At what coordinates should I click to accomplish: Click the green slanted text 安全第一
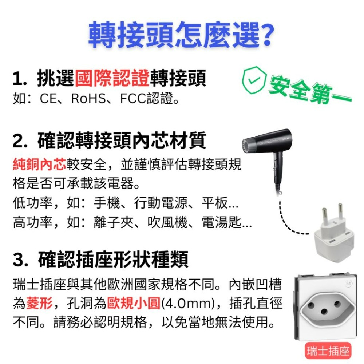309,89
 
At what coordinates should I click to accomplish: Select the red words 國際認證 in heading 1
112,79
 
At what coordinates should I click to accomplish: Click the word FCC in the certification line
133,99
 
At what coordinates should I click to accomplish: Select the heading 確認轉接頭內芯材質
122,141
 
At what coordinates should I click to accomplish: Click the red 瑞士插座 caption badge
328,351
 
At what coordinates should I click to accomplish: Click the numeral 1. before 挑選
20,79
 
